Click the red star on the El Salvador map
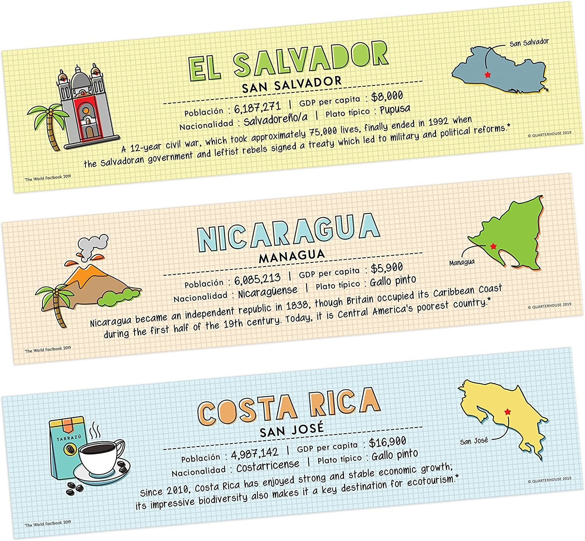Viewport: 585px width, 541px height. point(487,74)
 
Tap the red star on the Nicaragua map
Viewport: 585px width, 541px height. point(493,246)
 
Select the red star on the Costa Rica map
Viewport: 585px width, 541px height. point(507,412)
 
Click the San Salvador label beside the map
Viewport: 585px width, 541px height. point(529,42)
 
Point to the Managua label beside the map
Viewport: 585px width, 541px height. point(462,263)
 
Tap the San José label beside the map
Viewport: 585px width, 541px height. point(474,441)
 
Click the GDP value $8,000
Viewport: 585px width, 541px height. point(387,96)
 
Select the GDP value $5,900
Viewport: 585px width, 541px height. point(386,268)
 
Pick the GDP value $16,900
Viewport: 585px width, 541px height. point(387,442)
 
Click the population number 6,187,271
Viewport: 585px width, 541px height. point(257,107)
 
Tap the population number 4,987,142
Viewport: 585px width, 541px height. point(255,453)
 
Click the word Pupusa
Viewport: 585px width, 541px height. point(395,109)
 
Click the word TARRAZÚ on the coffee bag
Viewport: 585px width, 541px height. point(69,438)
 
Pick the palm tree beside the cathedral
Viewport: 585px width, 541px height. point(48,121)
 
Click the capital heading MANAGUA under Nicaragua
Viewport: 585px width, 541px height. point(292,255)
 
